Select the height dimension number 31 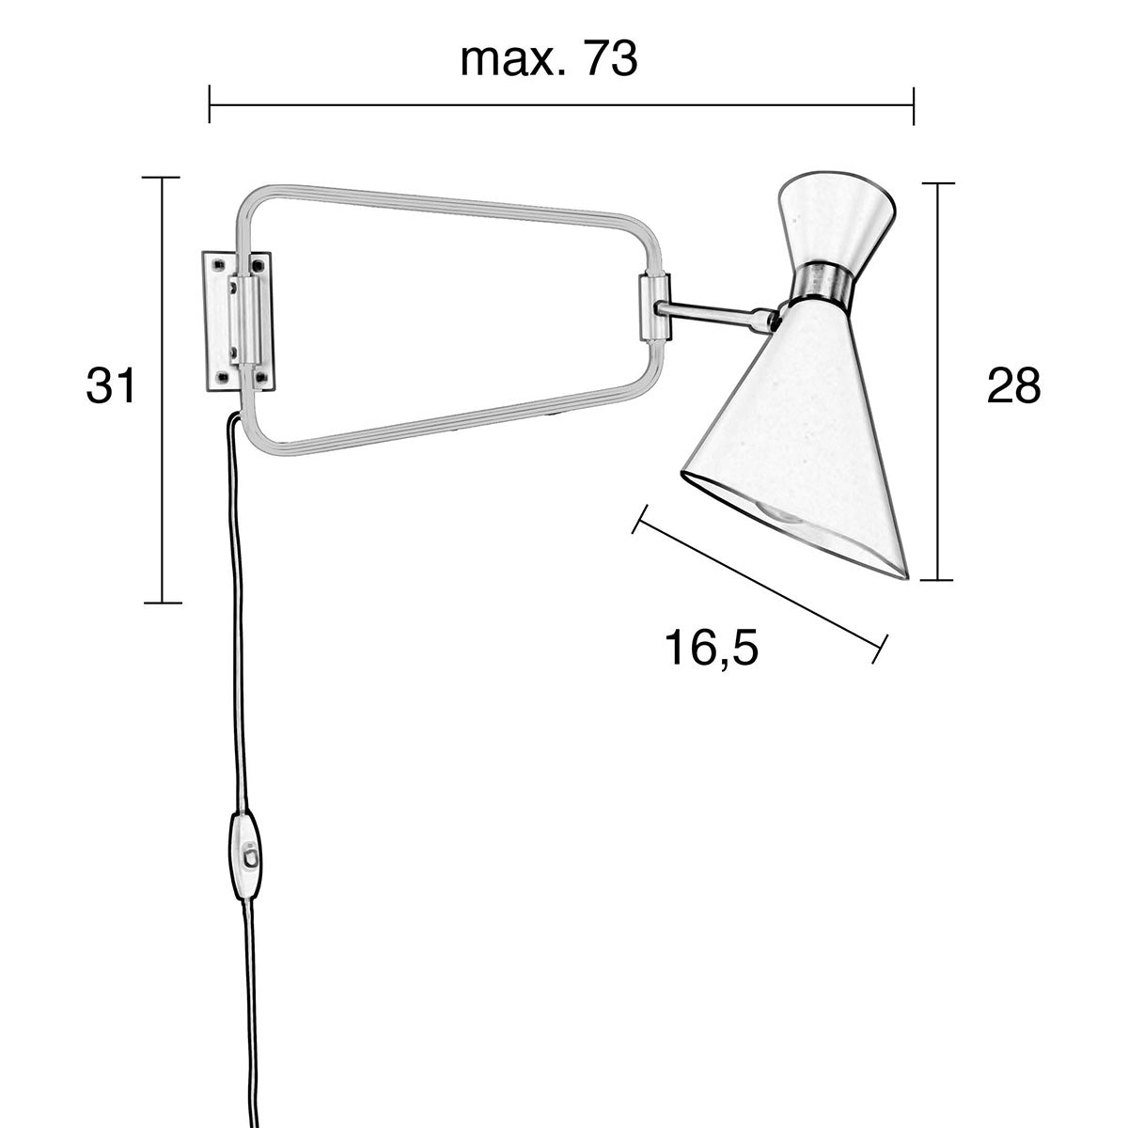click(112, 386)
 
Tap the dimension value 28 click(1014, 385)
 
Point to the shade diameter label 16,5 click(711, 648)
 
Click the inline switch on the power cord click(247, 854)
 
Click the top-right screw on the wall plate click(259, 266)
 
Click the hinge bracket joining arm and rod click(653, 306)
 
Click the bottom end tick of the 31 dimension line click(162, 602)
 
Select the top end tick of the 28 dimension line click(937, 182)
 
